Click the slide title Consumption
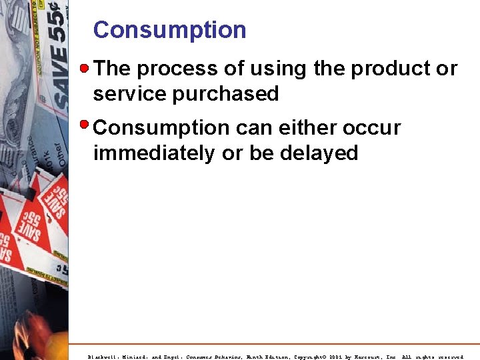pyautogui.click(x=169, y=30)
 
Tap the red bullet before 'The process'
pyautogui.click(x=85, y=68)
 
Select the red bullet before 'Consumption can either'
pyautogui.click(x=85, y=125)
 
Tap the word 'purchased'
pyautogui.click(x=226, y=95)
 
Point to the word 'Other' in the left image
pyautogui.click(x=61, y=153)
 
